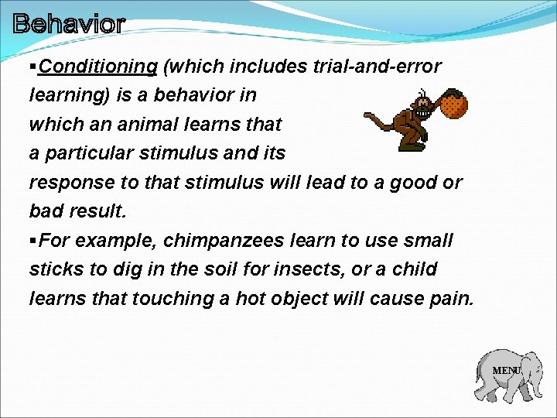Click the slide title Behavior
tap(68, 24)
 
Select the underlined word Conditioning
tap(98, 67)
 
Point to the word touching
tap(168, 298)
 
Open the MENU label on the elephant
tap(507, 371)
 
